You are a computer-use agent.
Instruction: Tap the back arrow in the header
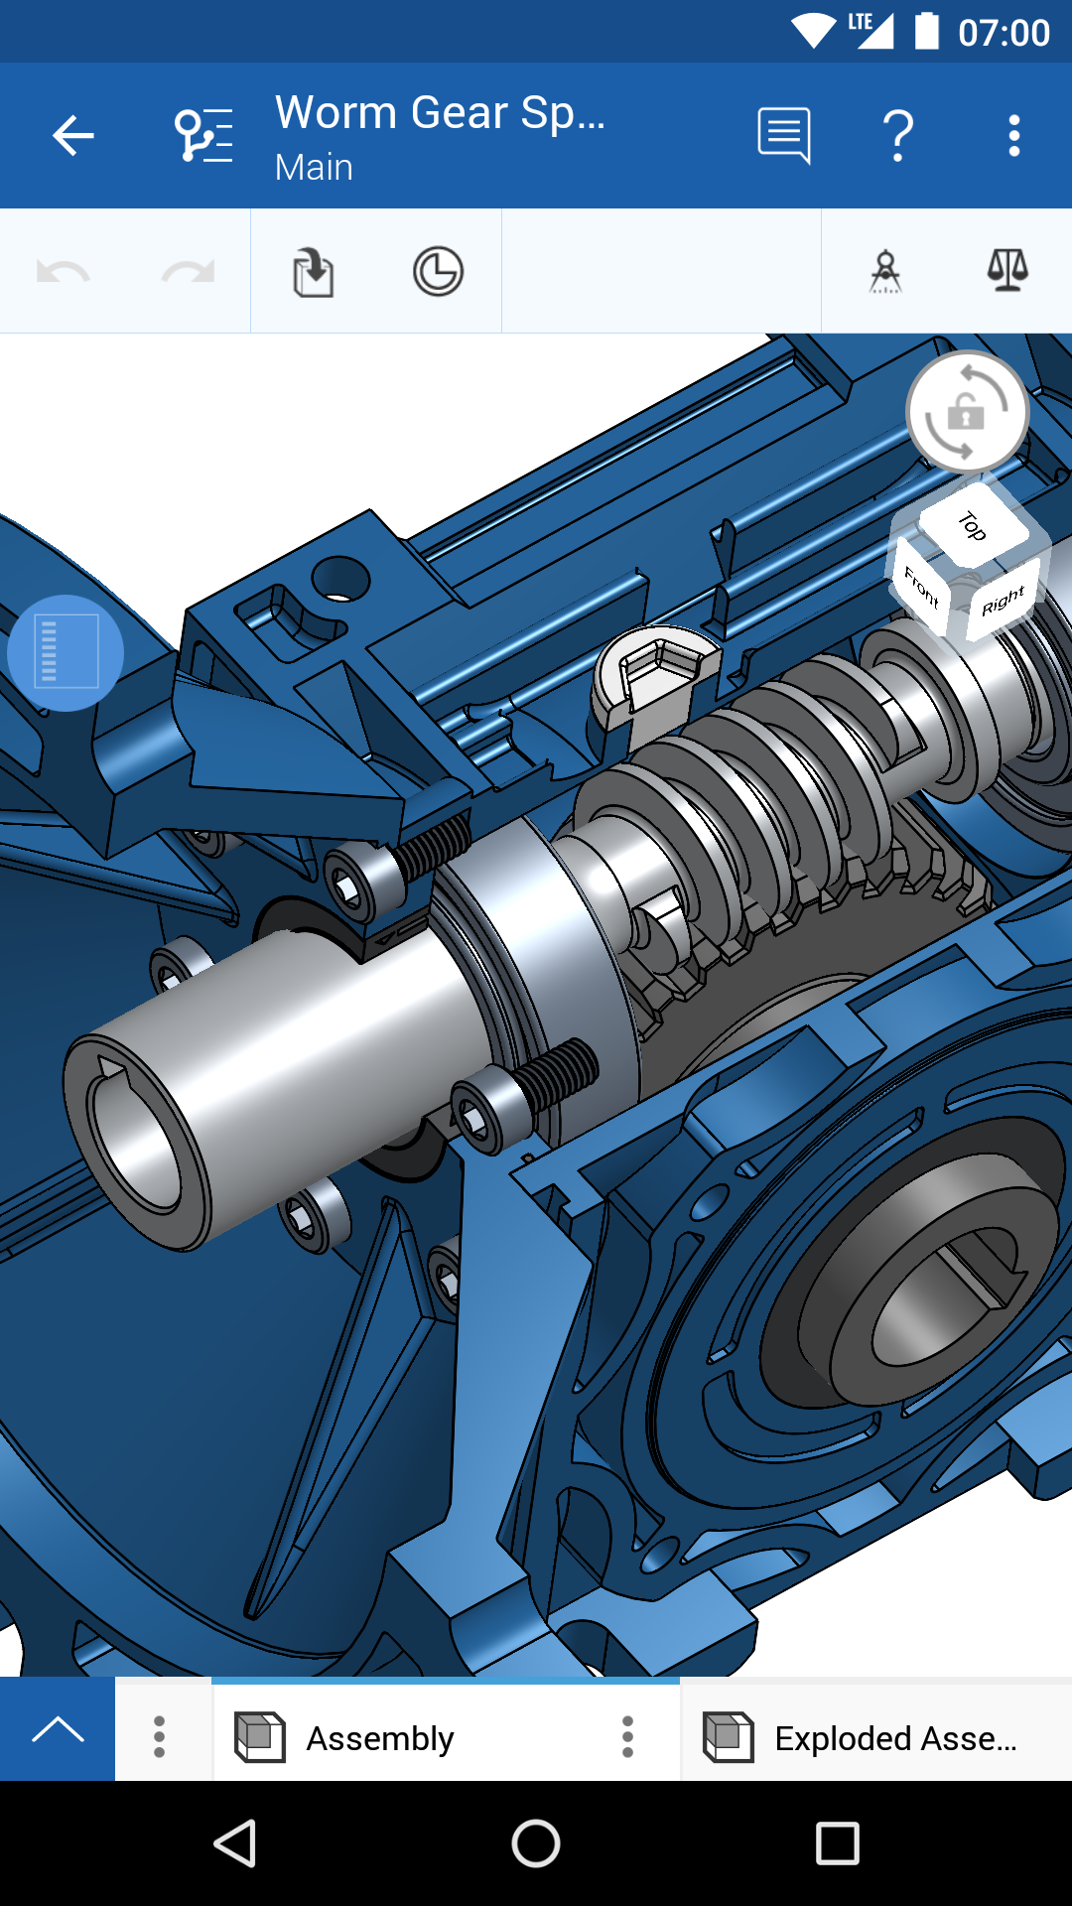click(x=72, y=136)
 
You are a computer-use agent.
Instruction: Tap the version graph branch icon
click(x=203, y=136)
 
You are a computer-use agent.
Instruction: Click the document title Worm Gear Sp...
click(x=440, y=113)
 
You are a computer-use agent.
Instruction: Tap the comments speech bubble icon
click(x=784, y=136)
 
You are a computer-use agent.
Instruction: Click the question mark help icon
click(x=898, y=136)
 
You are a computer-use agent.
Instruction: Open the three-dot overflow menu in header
click(x=1013, y=136)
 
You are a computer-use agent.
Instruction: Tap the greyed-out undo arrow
click(x=64, y=272)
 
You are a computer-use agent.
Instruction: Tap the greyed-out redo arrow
click(x=188, y=272)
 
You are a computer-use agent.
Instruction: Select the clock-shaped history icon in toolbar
click(x=438, y=272)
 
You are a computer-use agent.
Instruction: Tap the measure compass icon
click(x=885, y=272)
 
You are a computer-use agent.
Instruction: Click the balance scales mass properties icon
click(x=1006, y=270)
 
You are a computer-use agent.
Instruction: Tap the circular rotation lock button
click(x=967, y=412)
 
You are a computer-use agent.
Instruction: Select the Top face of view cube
click(x=972, y=525)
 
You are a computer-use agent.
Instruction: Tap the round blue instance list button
click(x=66, y=653)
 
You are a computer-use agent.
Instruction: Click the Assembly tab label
click(x=379, y=1738)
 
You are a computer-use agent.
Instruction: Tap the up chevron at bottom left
click(x=58, y=1730)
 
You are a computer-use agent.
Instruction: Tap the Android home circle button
click(x=536, y=1843)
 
